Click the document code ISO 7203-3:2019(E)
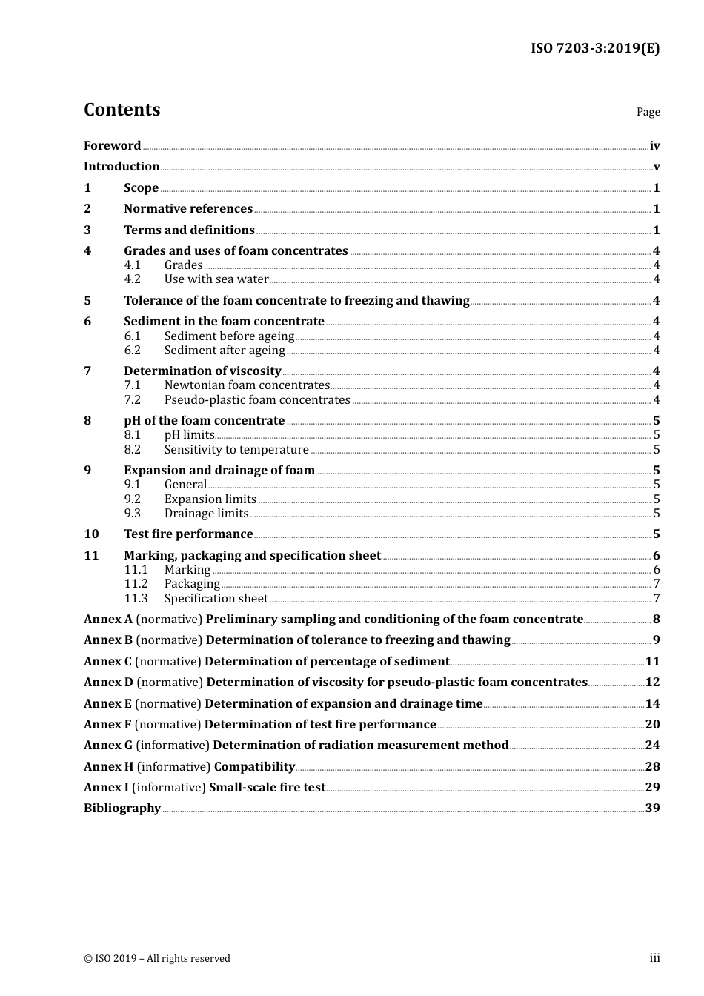[595, 49]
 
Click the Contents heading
[122, 110]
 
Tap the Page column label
[648, 112]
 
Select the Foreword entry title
[112, 146]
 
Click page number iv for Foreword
[654, 146]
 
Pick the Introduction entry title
[122, 167]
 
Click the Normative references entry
[188, 209]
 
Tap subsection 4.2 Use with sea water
[216, 279]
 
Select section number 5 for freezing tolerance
[87, 301]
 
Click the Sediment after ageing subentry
[225, 351]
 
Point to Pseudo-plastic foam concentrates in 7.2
[257, 400]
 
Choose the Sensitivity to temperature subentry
[236, 450]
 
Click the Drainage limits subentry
[206, 514]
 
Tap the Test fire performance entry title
[188, 534]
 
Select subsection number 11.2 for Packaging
[136, 584]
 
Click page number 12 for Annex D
[652, 683]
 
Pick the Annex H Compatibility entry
[189, 767]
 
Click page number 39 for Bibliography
[652, 809]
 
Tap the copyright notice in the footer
[157, 959]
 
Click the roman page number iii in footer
[654, 958]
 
